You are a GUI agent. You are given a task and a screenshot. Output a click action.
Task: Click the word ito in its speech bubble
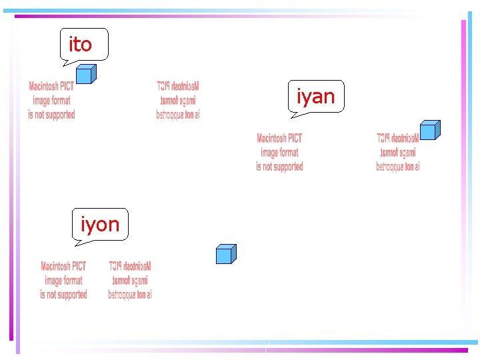click(x=81, y=45)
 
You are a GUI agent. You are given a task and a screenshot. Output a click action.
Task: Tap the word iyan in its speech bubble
click(x=315, y=97)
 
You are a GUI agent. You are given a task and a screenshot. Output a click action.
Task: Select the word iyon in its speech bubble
click(x=100, y=225)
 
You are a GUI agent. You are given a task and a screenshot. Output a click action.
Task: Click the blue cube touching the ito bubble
click(x=85, y=74)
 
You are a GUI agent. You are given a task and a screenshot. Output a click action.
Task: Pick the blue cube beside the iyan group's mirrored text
click(x=429, y=130)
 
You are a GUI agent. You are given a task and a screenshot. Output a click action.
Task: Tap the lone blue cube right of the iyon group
click(x=225, y=254)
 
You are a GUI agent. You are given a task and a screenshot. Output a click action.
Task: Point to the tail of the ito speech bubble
click(x=66, y=63)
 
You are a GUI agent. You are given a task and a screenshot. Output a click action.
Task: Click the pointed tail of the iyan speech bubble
click(x=294, y=115)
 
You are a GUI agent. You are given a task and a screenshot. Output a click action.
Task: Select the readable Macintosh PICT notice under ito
click(x=51, y=101)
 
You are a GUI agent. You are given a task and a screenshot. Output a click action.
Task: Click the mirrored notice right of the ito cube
click(x=178, y=101)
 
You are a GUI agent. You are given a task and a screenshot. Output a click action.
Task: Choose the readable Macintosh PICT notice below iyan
click(x=279, y=153)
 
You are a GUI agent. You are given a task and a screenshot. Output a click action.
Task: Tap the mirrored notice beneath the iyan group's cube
click(x=398, y=153)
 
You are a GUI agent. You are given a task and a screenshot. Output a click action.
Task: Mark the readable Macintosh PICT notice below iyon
click(x=63, y=281)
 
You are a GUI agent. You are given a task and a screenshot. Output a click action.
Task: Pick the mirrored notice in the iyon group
click(x=130, y=281)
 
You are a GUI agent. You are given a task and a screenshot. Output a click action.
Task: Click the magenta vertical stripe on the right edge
click(x=462, y=180)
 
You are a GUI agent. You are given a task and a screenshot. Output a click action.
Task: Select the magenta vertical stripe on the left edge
click(x=11, y=180)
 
